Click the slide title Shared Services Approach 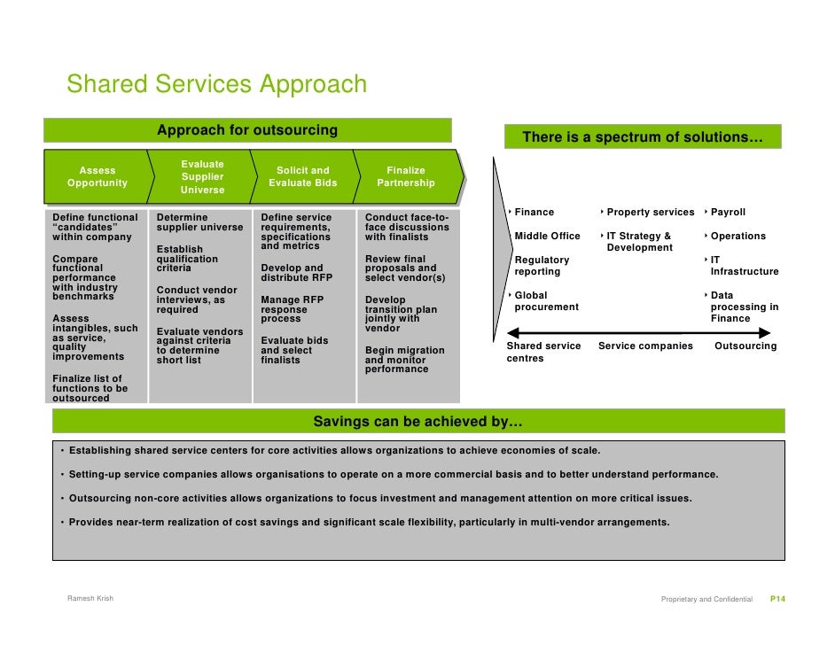point(216,85)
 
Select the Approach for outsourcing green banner point(247,130)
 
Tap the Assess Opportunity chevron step point(98,177)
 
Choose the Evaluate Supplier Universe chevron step point(202,177)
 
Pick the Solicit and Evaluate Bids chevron point(302,177)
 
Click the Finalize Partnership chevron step point(406,177)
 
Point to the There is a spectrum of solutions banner point(643,137)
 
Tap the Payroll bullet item point(728,213)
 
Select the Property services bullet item point(650,213)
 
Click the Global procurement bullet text point(546,301)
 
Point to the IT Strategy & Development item point(639,242)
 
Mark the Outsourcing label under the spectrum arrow point(745,346)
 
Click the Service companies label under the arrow point(645,346)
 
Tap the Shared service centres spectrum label point(543,352)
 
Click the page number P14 point(777,600)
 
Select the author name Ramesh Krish point(90,599)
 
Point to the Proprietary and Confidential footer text point(706,600)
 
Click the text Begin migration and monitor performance point(404,360)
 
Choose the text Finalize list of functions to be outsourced point(90,388)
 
